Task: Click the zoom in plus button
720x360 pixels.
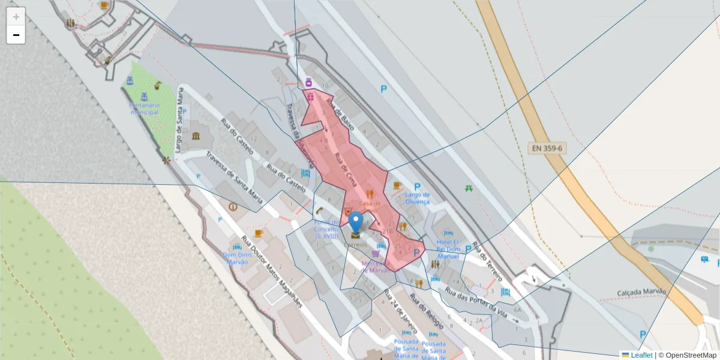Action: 16,17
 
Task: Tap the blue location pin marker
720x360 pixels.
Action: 356,223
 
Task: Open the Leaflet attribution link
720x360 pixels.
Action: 641,355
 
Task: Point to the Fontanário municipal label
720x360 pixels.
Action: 144,108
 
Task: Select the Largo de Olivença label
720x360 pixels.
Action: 417,198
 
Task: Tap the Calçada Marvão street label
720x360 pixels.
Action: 641,292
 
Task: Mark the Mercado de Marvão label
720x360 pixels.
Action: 376,266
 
